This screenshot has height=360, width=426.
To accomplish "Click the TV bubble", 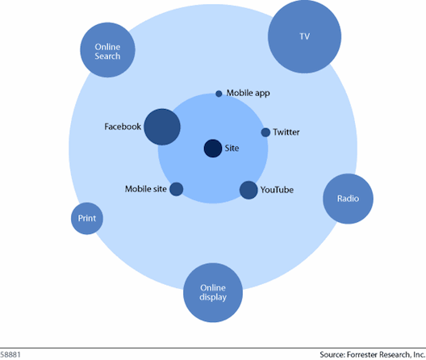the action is [x=304, y=36].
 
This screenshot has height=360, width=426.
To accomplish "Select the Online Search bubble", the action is [x=107, y=50].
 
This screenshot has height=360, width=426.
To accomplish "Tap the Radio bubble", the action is [x=348, y=199].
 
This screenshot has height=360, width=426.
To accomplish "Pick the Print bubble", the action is [x=87, y=218].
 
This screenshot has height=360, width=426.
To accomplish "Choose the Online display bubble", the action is [x=213, y=292].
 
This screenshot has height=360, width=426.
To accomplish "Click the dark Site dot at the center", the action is [x=213, y=149].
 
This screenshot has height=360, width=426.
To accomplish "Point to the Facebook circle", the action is [x=162, y=127].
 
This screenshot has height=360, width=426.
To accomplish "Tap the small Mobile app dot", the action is [x=219, y=94].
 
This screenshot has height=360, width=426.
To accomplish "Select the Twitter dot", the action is [x=265, y=132].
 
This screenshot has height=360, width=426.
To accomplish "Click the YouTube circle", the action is [x=248, y=190].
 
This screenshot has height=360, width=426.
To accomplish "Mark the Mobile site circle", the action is [x=177, y=189].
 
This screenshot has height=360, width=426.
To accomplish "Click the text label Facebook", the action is [x=123, y=127].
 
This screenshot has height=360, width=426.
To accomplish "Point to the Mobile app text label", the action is [x=248, y=94].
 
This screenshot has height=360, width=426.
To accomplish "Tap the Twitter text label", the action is [x=286, y=132].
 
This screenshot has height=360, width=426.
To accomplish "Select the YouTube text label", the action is [x=277, y=190].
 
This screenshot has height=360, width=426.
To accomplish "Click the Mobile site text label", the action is [x=145, y=189].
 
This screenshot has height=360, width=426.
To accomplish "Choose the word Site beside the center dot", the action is [x=232, y=149].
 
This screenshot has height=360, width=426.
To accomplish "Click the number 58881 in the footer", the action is [x=10, y=354].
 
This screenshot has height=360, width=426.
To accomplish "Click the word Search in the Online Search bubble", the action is [x=107, y=57].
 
